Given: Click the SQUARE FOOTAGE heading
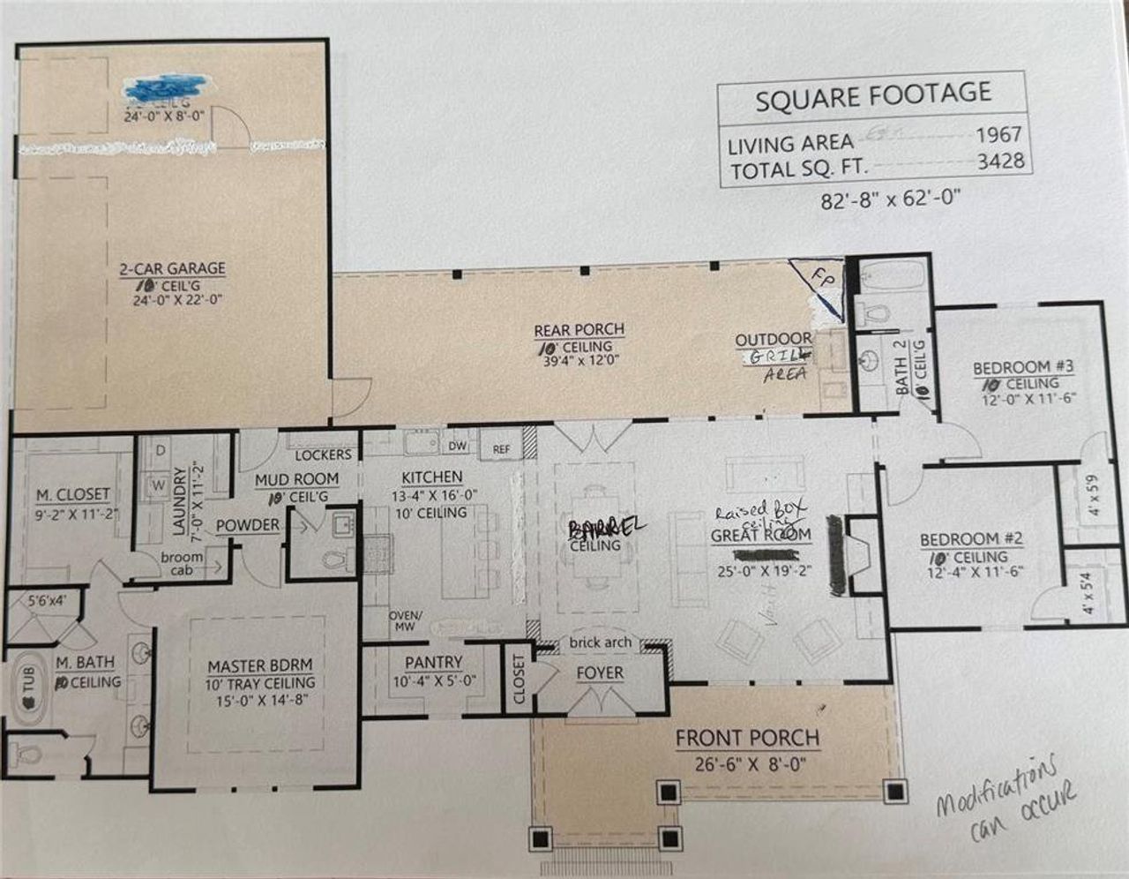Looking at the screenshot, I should click(872, 96).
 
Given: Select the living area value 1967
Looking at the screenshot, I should click(998, 135).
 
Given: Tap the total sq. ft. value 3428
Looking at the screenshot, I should click(1000, 161).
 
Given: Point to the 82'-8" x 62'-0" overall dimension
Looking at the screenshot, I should click(890, 199).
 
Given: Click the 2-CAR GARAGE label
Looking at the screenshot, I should click(173, 268).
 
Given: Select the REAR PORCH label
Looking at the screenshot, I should click(579, 330).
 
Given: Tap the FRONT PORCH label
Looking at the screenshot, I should click(747, 738).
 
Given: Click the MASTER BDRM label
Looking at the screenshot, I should click(260, 665).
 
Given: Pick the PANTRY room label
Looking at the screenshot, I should click(433, 662).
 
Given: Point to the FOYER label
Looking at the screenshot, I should click(600, 673).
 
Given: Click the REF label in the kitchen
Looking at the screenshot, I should click(501, 449).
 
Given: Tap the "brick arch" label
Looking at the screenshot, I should click(600, 642).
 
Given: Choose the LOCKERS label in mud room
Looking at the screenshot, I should click(323, 455).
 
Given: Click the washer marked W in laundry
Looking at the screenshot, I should click(159, 485).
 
